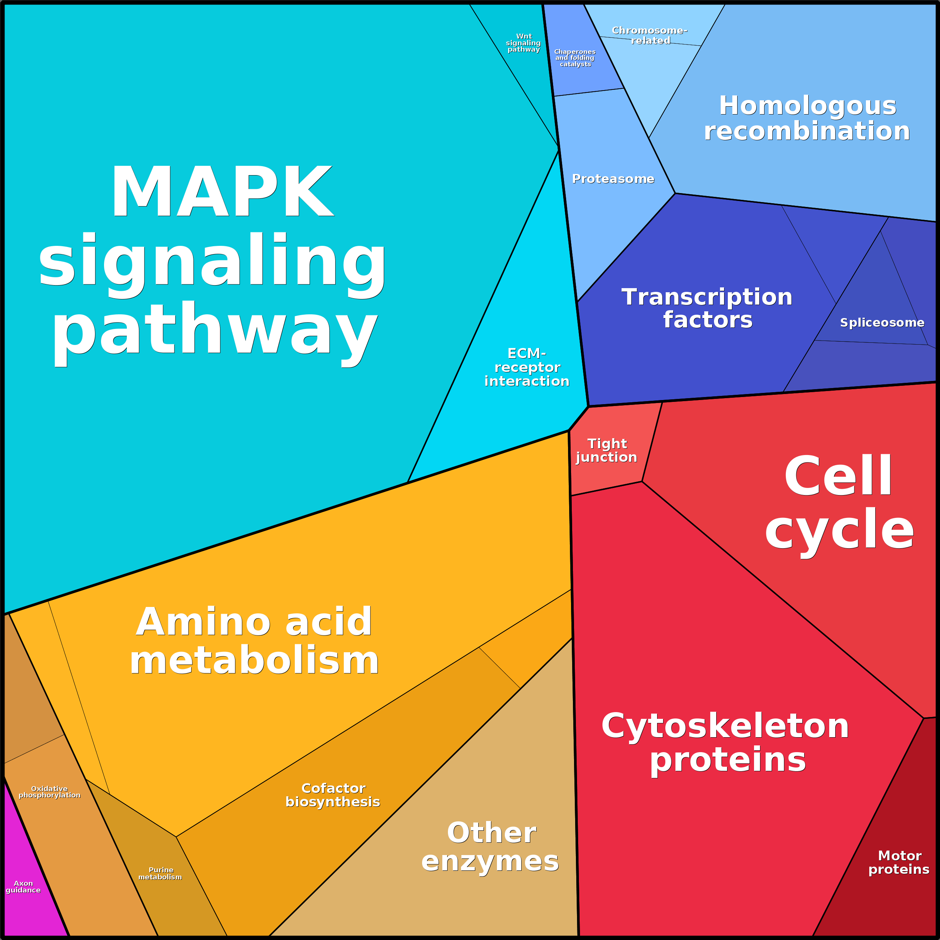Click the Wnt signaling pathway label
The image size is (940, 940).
point(524,43)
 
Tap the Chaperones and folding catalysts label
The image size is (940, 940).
point(575,58)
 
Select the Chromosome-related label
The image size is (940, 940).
point(650,36)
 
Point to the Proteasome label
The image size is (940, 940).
point(613,178)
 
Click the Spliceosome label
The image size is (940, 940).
point(882,322)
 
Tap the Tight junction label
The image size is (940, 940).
point(606,450)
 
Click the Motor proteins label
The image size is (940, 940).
point(899,862)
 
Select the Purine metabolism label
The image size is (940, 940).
point(160,873)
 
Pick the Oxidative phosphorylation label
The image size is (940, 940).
point(49,791)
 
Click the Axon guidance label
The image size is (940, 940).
point(23,886)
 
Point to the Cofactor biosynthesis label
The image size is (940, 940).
point(333,794)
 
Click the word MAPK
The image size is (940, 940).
point(222,191)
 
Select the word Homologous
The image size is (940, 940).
point(808,105)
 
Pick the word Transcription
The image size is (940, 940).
point(707,296)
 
